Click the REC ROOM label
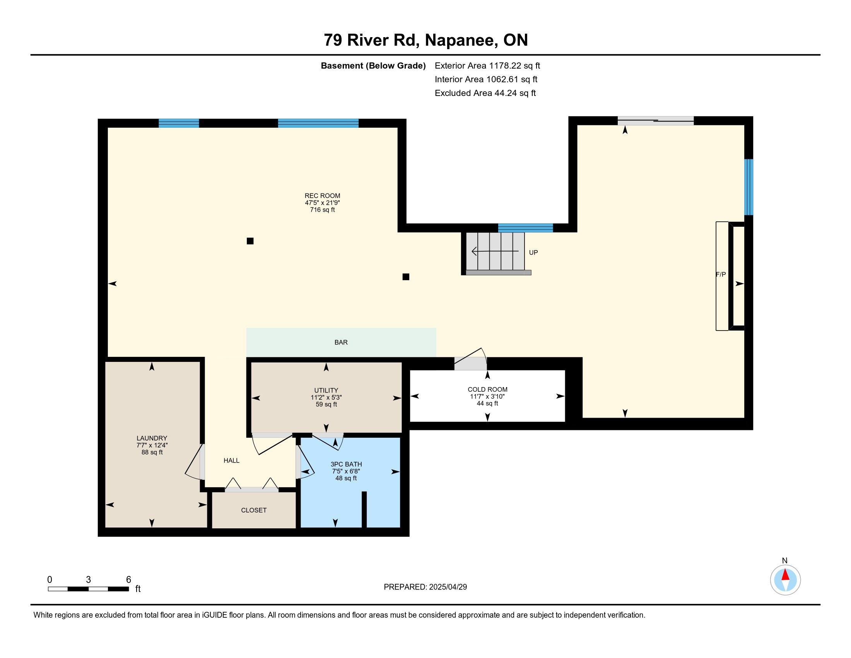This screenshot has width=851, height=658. pos(322,196)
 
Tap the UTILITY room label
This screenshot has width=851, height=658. pos(326,390)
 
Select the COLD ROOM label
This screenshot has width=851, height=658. pos(487,389)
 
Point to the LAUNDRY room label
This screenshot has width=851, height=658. pos(152,438)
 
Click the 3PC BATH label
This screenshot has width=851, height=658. pos(346,464)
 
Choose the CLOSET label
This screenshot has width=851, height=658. pos(254,510)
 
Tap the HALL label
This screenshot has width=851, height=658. pos(231,460)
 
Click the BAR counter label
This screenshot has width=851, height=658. pos(341,342)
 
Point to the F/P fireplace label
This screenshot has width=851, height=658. pos(721,274)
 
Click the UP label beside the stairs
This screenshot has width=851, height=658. pos(533,253)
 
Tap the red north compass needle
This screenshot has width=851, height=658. pos(785,575)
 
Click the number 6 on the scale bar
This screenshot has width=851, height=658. pos(128,580)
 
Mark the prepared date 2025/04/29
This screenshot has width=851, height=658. pos(448,587)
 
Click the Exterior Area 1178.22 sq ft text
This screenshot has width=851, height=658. pos(487,65)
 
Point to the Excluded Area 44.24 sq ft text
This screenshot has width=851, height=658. pos(485,93)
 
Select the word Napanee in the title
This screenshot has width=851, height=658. pos(461,40)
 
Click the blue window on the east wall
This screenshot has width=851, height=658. pos(748,187)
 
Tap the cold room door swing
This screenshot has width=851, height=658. pos(471,359)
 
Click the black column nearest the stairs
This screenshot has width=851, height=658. pos(406,277)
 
